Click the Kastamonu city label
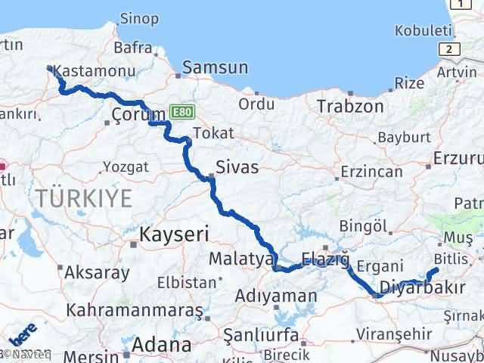(95, 72)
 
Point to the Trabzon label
(350, 106)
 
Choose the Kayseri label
(173, 235)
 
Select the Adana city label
(161, 345)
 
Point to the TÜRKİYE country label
(82, 199)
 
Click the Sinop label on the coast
(140, 18)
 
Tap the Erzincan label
(371, 172)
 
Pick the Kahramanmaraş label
(135, 310)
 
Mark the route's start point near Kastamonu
(50, 68)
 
